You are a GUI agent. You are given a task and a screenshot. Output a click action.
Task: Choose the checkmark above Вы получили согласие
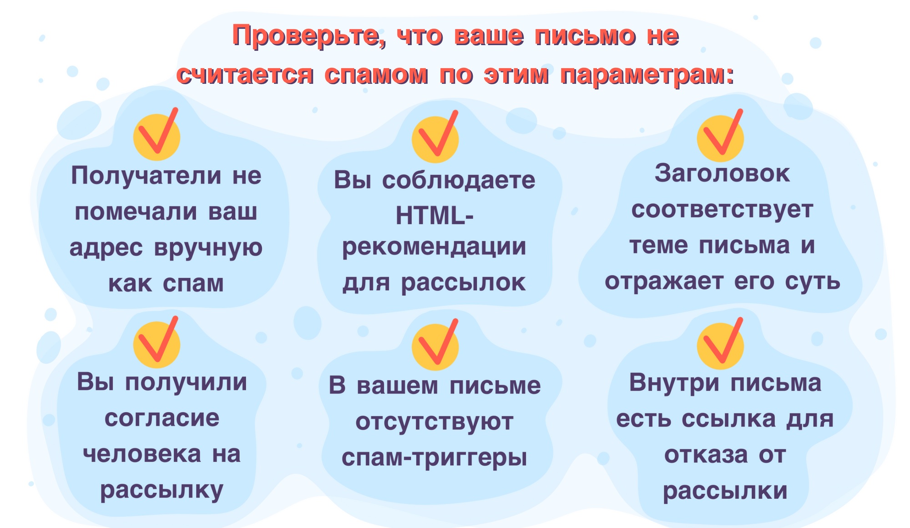pyautogui.click(x=157, y=342)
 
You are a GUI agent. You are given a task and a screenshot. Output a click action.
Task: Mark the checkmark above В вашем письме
pyautogui.click(x=435, y=344)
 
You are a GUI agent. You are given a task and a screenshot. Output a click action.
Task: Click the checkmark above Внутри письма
pyautogui.click(x=720, y=343)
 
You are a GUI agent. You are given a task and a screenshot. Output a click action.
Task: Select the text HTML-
pyautogui.click(x=435, y=216)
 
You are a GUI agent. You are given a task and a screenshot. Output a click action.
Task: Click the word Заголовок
pyautogui.click(x=723, y=174)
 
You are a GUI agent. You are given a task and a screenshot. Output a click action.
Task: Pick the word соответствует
pyautogui.click(x=722, y=210)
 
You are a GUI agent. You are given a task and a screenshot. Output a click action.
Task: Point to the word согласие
pyautogui.click(x=162, y=418)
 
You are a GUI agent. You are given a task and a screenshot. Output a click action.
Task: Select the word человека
pyautogui.click(x=142, y=454)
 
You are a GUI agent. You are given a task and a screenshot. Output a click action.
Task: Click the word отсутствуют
pyautogui.click(x=434, y=422)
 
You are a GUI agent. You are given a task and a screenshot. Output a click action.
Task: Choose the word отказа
pyautogui.click(x=706, y=455)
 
